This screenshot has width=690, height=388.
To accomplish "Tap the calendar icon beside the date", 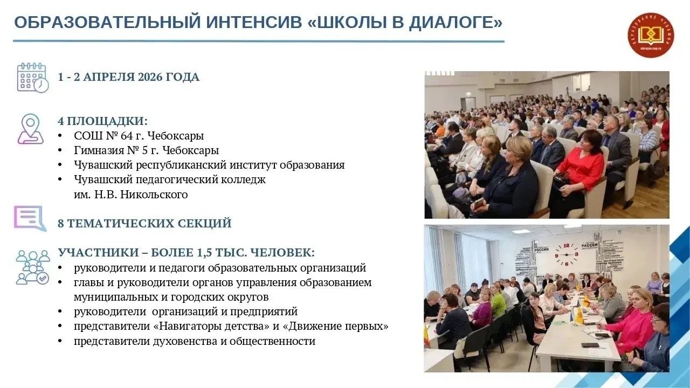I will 32,78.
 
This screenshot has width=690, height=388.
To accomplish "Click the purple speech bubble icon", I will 30,218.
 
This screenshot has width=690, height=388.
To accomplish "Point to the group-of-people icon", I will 32,267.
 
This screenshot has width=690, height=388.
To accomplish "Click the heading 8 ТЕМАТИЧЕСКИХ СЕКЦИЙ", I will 144,223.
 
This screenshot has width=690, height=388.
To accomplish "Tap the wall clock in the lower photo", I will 567,254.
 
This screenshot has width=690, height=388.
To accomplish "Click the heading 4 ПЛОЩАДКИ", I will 102,121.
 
